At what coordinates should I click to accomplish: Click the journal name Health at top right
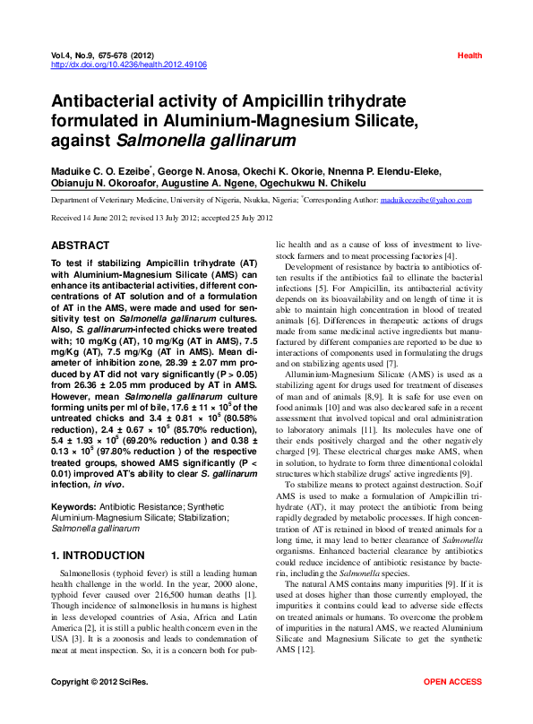[469, 56]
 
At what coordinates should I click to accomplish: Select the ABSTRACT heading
[80, 245]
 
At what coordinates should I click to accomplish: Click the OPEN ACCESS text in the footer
[452, 708]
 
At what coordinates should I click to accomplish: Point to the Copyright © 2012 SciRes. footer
[99, 708]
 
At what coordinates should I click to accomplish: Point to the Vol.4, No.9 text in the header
[78, 56]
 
